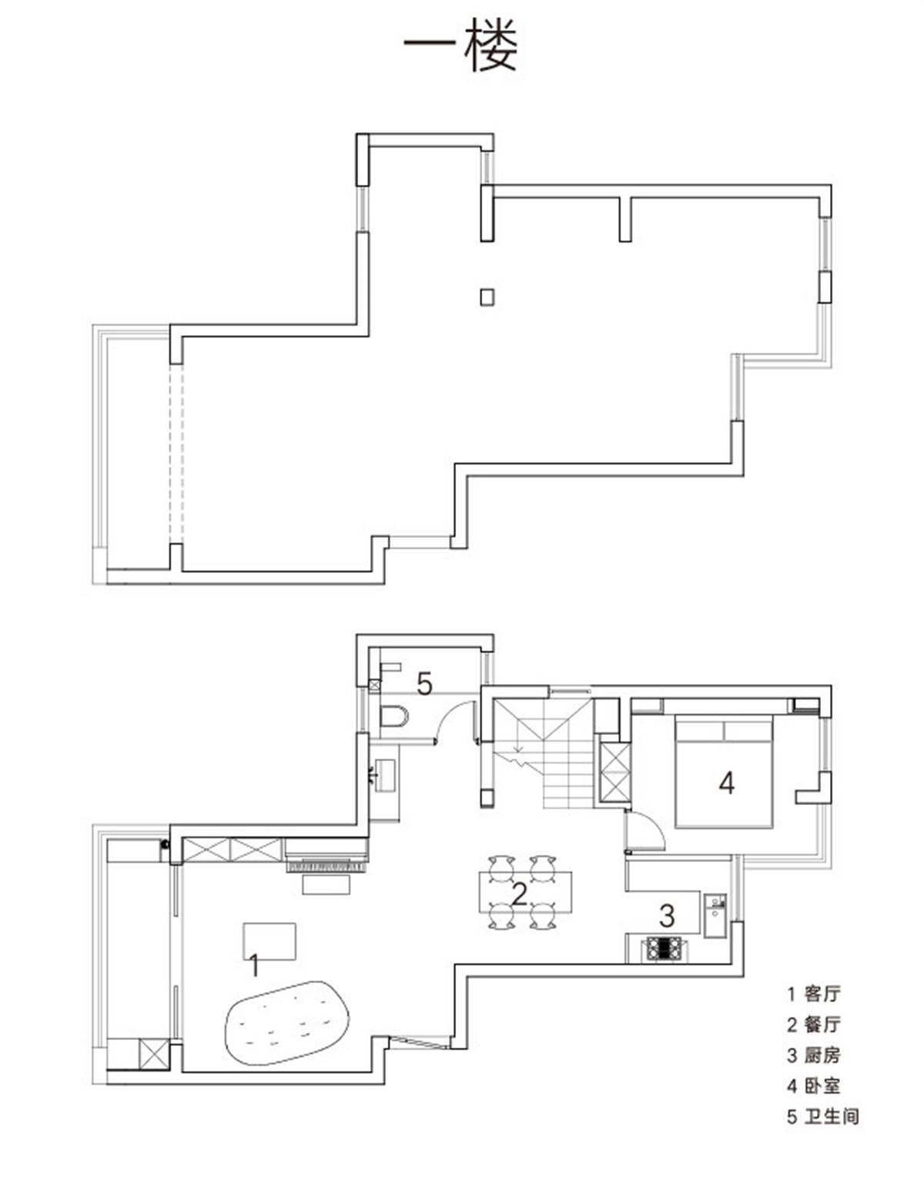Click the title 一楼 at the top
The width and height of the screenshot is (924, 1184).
click(x=460, y=45)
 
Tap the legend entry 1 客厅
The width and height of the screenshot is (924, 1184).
click(x=813, y=994)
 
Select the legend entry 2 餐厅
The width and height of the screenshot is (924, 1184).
click(x=813, y=1025)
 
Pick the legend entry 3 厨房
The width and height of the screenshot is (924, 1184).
click(x=813, y=1055)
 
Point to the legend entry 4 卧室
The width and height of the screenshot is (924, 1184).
click(x=813, y=1086)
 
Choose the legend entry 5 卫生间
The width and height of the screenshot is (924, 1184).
click(x=822, y=1116)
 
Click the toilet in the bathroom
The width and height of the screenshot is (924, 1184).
click(x=393, y=716)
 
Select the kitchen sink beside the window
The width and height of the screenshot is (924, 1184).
click(x=715, y=915)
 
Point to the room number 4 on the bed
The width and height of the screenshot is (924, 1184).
click(x=726, y=783)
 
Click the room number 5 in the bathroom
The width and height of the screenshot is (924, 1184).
click(x=424, y=684)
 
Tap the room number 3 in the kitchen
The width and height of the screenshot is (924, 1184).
click(x=667, y=915)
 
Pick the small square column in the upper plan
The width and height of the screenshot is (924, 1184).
click(x=487, y=297)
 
